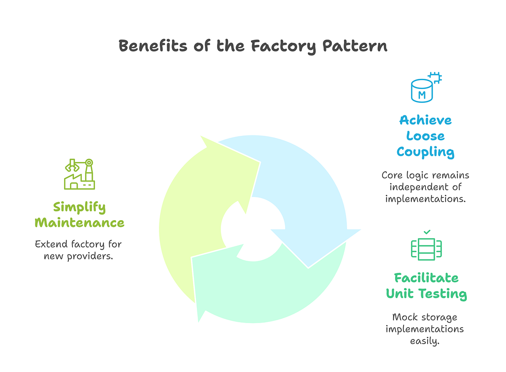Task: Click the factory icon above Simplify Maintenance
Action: (79, 174)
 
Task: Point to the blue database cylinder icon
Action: (422, 91)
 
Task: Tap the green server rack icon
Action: (426, 248)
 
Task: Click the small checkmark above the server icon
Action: (427, 232)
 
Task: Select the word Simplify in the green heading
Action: (79, 207)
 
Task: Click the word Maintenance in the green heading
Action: (79, 222)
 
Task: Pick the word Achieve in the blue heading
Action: (425, 120)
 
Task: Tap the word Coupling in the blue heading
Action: (425, 152)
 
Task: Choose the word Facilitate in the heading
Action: (426, 278)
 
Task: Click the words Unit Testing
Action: (426, 294)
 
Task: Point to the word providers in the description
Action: (90, 256)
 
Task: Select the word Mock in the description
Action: (404, 317)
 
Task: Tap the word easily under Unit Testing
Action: (425, 340)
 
